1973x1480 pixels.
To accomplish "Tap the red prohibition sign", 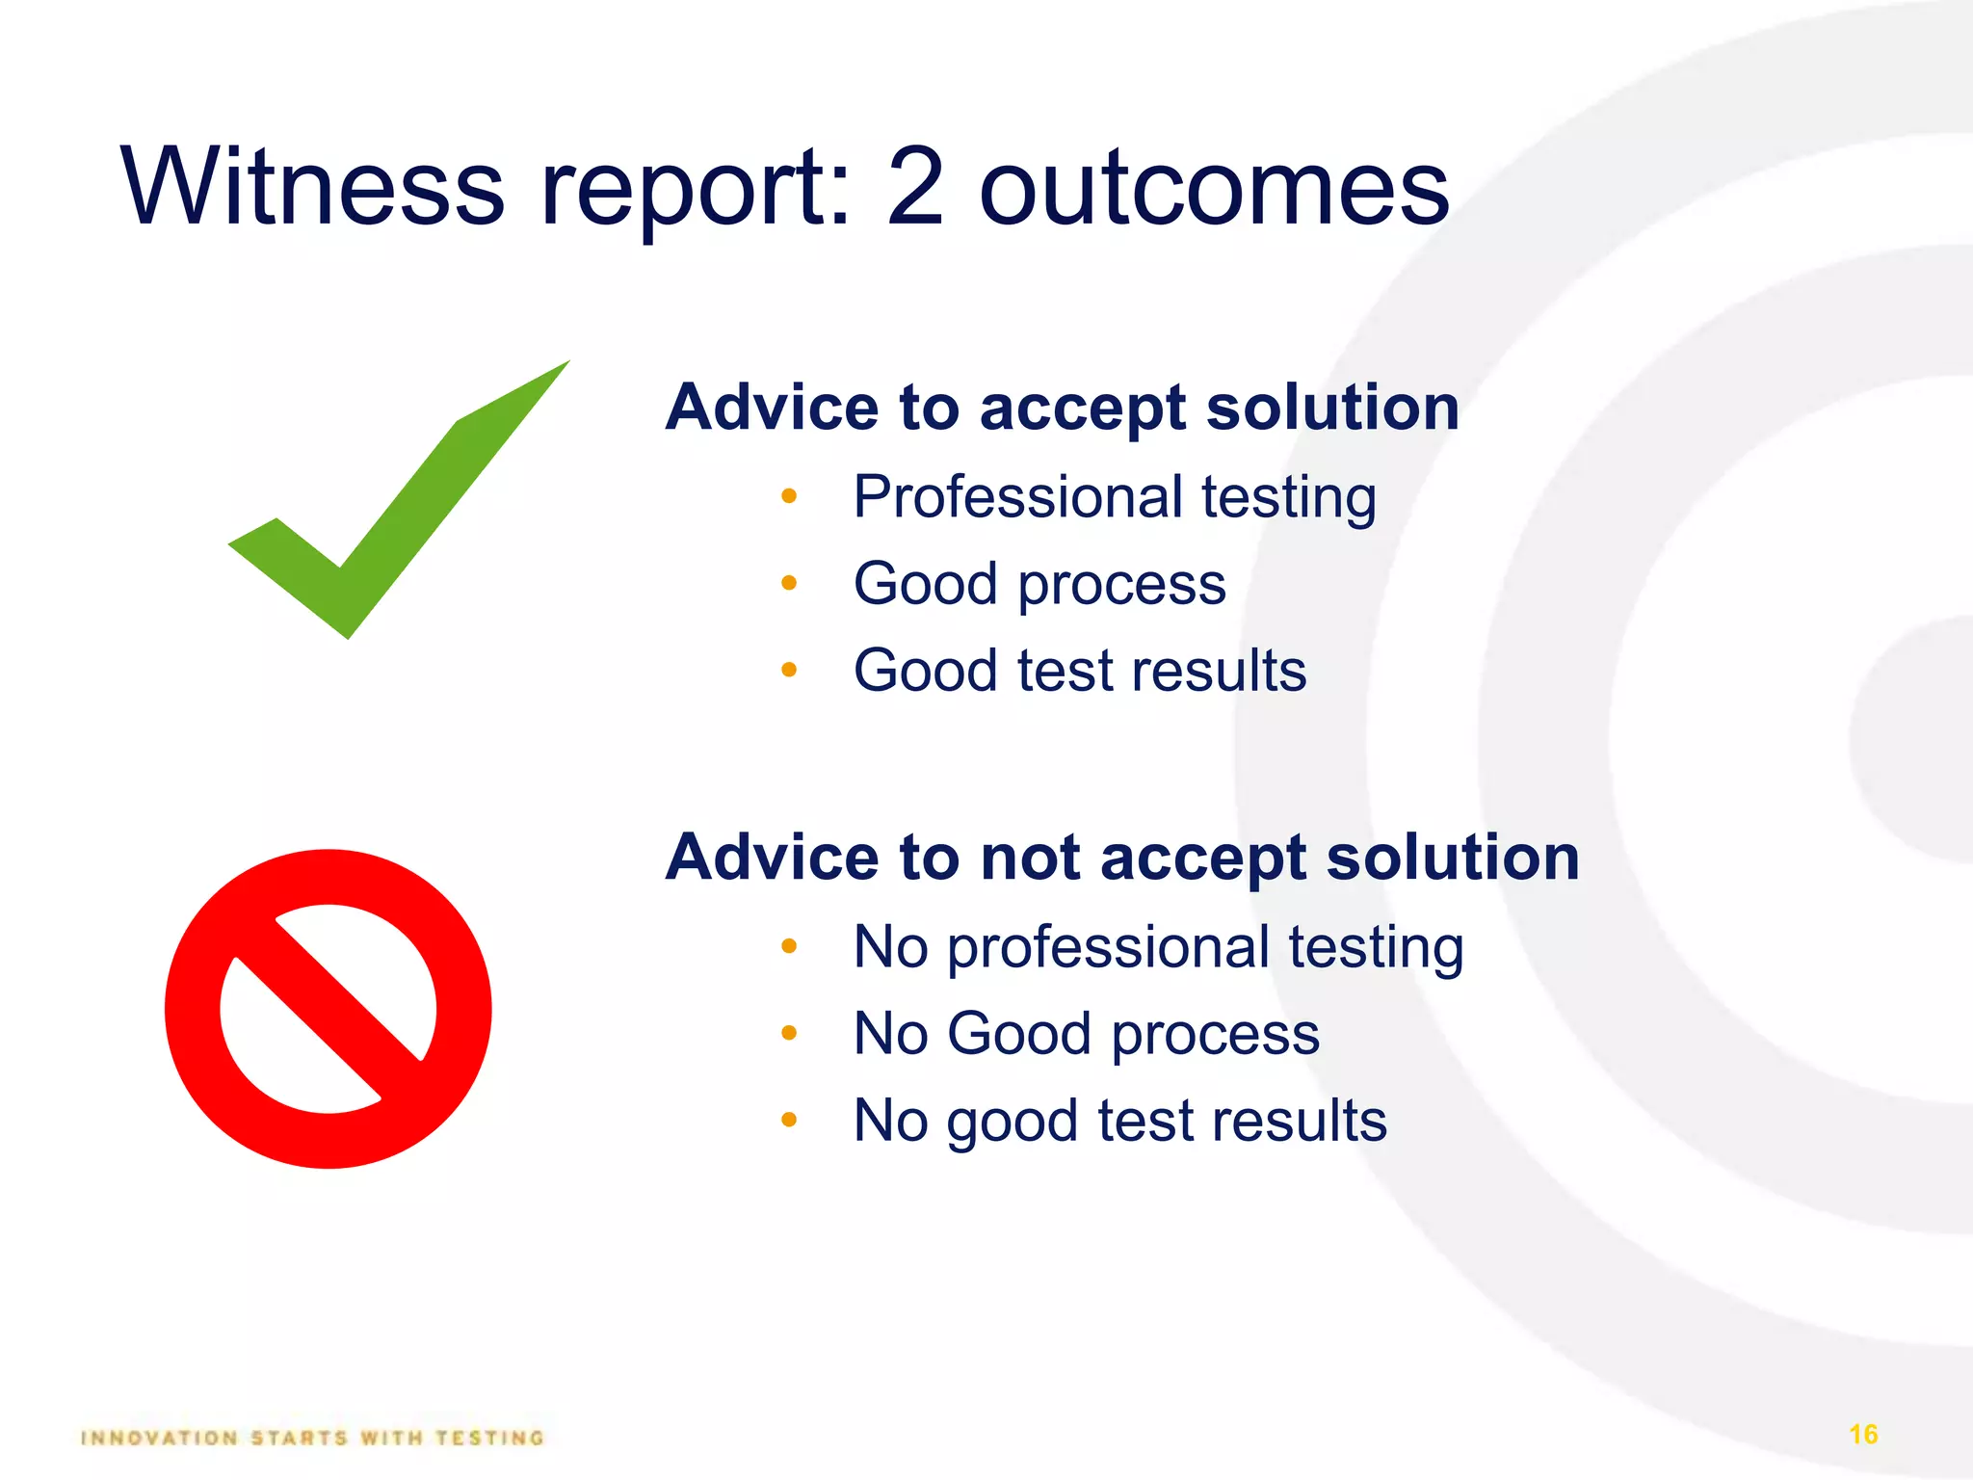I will (329, 1009).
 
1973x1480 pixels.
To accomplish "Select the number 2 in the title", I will (914, 187).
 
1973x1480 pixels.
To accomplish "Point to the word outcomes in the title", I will (1214, 189).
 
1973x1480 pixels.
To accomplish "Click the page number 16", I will (1863, 1435).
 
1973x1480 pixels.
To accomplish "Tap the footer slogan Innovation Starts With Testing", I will (313, 1438).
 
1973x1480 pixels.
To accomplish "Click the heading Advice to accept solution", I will (1062, 408).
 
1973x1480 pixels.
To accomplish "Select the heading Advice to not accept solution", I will (1122, 858).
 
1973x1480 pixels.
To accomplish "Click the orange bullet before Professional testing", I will (789, 496).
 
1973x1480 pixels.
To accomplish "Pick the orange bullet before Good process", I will (789, 583).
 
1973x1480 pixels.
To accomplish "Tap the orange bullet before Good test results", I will (789, 670).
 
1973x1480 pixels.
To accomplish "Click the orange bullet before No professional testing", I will (789, 946).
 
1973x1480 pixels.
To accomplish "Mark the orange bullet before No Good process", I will (789, 1033).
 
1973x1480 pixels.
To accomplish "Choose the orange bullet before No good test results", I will (789, 1120).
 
